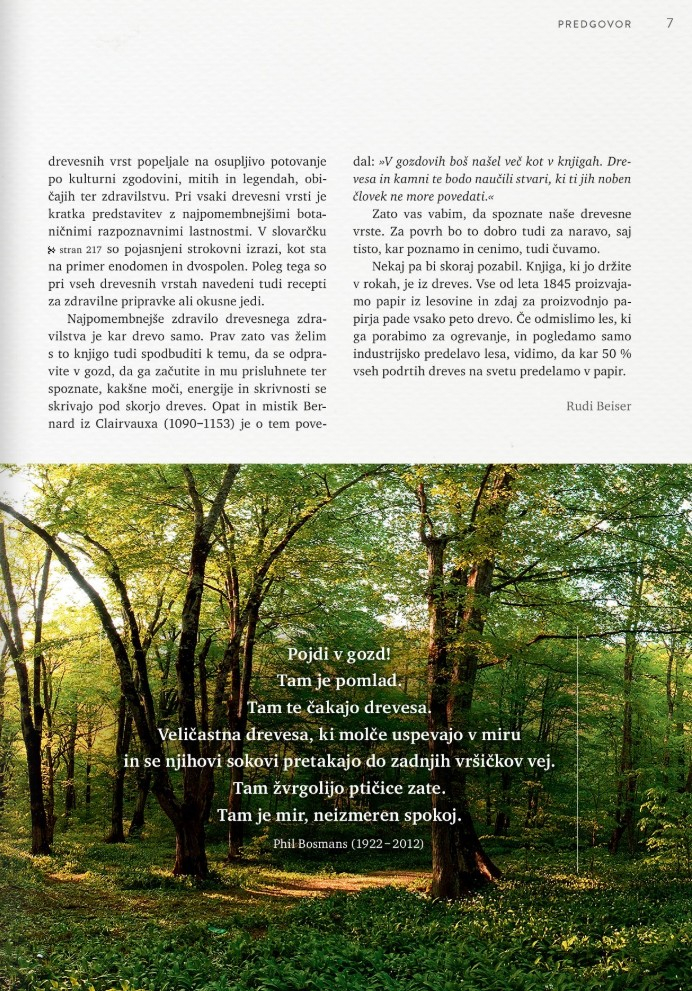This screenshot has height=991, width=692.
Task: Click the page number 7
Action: point(669,23)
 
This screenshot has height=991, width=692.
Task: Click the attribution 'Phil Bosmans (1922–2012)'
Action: point(348,843)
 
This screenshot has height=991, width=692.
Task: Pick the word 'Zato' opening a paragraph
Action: point(388,213)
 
